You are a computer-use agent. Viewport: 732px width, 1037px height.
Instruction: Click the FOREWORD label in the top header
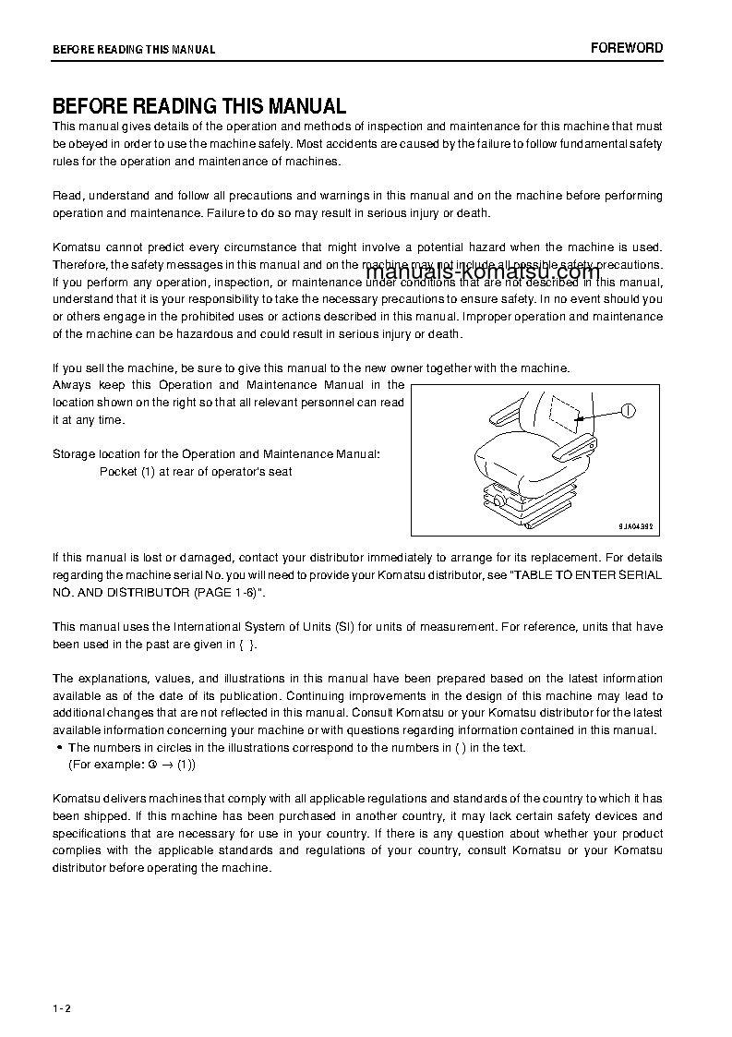click(x=627, y=48)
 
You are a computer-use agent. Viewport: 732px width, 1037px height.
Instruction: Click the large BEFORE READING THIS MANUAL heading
click(x=198, y=106)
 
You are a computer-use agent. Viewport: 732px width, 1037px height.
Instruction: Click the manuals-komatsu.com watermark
click(x=483, y=271)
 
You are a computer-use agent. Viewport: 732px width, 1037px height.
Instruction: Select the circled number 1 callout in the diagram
click(x=629, y=412)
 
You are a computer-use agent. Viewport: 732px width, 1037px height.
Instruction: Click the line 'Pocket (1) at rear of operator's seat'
click(x=196, y=472)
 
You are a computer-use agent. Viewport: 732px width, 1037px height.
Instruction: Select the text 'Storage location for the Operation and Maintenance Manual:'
click(x=215, y=454)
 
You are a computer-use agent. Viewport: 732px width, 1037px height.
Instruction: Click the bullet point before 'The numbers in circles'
click(x=59, y=748)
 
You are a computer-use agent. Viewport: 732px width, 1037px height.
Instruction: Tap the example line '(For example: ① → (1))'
click(x=132, y=765)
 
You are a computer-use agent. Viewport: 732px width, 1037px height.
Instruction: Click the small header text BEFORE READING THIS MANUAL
click(x=134, y=50)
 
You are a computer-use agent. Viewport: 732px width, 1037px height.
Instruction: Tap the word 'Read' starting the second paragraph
click(x=66, y=196)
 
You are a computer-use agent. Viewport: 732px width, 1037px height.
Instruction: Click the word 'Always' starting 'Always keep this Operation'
click(x=72, y=385)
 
